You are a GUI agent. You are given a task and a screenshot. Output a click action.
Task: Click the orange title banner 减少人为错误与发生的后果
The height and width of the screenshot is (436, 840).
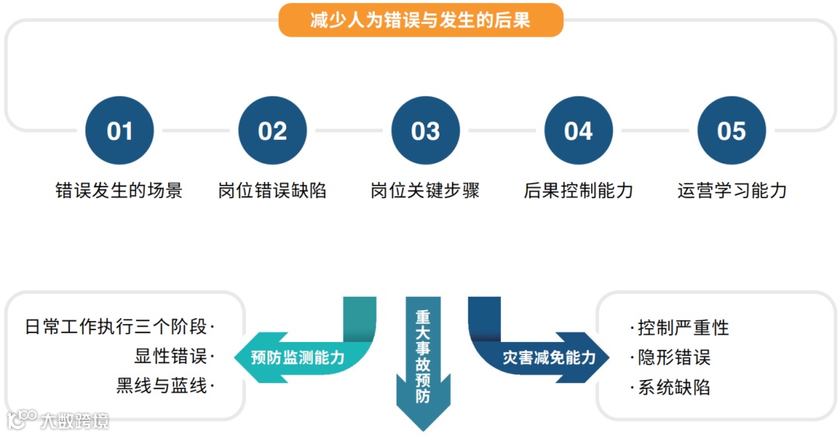click(420, 20)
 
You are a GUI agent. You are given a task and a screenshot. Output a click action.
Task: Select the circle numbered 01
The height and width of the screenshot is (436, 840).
click(119, 131)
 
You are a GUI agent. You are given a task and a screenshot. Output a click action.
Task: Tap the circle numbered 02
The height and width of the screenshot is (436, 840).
click(272, 131)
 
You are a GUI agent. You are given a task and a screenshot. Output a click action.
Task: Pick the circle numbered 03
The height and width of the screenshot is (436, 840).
click(425, 131)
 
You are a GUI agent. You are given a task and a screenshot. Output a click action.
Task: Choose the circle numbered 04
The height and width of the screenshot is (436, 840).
click(578, 131)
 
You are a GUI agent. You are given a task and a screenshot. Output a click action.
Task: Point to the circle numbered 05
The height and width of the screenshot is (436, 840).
click(731, 131)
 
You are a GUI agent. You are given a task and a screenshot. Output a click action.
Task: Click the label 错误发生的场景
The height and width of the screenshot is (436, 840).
click(119, 190)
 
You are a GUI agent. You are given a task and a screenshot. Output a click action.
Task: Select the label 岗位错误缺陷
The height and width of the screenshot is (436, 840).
click(272, 190)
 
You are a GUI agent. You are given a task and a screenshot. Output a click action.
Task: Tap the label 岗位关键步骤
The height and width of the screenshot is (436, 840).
click(425, 190)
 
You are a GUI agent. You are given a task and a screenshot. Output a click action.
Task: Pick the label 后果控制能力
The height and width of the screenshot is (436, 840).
click(579, 190)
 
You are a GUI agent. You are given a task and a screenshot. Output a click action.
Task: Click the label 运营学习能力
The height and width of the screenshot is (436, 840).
click(732, 190)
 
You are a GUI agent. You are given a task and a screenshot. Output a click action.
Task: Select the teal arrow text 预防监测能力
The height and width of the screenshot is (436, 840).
click(297, 358)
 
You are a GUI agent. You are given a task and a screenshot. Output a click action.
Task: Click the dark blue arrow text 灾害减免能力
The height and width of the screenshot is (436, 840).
click(548, 358)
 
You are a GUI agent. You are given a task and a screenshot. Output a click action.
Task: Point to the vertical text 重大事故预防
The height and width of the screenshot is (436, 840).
click(422, 357)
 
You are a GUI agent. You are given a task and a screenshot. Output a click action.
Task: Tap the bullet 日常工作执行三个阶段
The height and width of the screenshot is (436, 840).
click(118, 327)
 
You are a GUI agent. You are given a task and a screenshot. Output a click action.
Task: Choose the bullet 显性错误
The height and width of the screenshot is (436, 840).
click(171, 357)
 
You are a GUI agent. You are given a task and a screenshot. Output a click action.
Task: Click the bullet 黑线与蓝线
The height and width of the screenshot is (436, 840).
click(163, 386)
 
